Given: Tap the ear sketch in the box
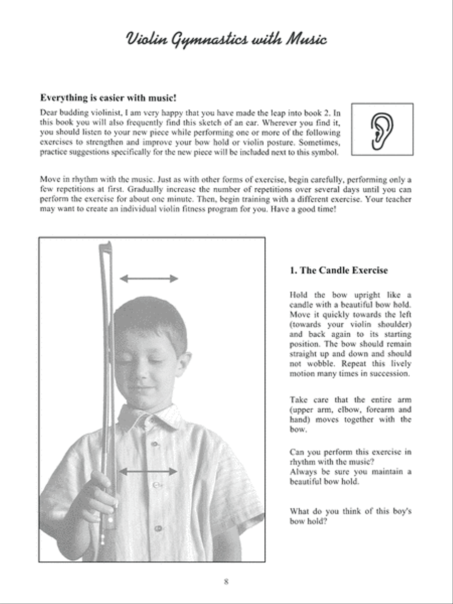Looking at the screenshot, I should (382, 129).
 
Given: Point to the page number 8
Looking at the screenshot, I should (226, 582).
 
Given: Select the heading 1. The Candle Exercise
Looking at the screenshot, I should (339, 270).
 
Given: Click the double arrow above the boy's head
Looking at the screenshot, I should (149, 278).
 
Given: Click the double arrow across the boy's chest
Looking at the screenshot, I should (148, 472).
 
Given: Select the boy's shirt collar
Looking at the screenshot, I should (151, 418).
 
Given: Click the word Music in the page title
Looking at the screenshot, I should (307, 39).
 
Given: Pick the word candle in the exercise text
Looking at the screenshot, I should (301, 305).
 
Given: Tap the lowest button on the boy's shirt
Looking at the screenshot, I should (158, 528).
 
